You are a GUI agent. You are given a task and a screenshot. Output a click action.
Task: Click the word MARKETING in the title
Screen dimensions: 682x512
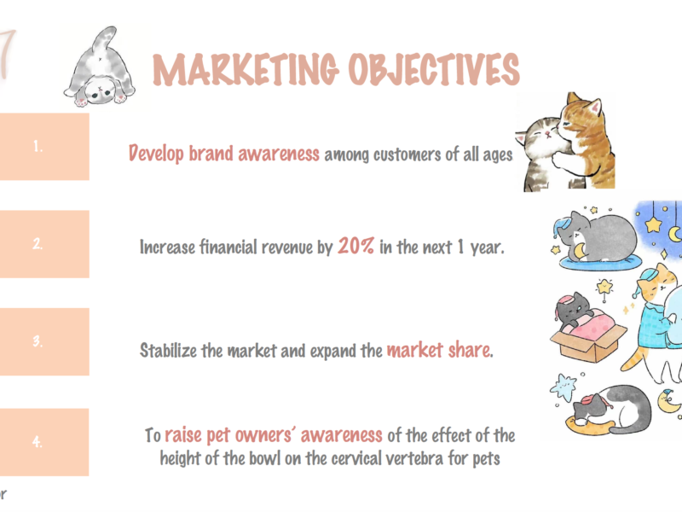tap(246, 69)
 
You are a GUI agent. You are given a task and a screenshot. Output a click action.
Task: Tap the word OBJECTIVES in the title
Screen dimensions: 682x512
tap(434, 69)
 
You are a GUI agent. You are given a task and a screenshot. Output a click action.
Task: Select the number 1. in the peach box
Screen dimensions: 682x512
tap(38, 146)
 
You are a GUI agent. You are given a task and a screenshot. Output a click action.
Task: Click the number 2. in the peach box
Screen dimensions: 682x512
tap(38, 243)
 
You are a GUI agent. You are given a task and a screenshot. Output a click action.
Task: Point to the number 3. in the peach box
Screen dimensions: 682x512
tap(38, 340)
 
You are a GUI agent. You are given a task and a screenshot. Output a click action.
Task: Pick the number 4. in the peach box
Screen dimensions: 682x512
tap(38, 441)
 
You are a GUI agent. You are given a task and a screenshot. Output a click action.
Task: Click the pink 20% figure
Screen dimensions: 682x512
tap(355, 246)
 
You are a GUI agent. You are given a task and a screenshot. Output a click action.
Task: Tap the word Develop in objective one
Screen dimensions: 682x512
tap(156, 154)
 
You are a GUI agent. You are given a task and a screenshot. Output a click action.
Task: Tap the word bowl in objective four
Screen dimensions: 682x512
tap(265, 458)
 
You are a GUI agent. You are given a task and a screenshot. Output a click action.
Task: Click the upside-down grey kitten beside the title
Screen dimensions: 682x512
tap(100, 67)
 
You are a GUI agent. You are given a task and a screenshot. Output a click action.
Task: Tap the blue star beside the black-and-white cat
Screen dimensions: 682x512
tap(564, 387)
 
